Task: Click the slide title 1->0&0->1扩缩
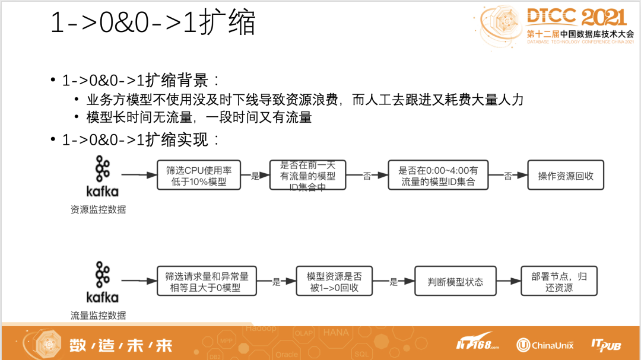(x=153, y=23)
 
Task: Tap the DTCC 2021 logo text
(x=576, y=17)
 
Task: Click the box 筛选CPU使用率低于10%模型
(x=199, y=176)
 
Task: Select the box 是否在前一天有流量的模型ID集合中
(x=307, y=176)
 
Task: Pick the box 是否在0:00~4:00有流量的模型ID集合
(x=439, y=176)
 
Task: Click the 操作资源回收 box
(x=565, y=176)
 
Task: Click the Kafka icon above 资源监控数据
(x=102, y=176)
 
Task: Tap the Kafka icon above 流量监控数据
(x=102, y=282)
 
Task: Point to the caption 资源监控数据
(x=99, y=209)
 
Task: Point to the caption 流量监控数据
(x=99, y=316)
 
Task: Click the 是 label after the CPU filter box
(x=256, y=176)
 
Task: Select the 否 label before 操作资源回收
(x=508, y=176)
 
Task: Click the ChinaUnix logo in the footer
(x=544, y=344)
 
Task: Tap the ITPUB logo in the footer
(x=605, y=344)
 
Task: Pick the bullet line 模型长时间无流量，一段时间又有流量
(x=199, y=117)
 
